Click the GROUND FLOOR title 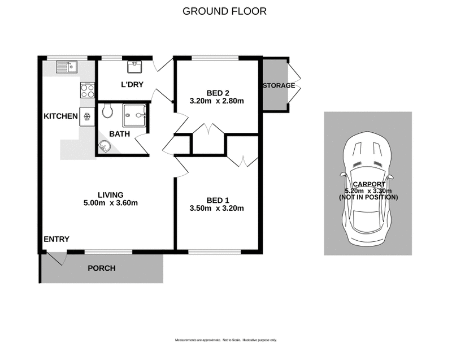[x=224, y=11]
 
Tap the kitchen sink [x=67, y=67]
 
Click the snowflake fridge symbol [x=88, y=117]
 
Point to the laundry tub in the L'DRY [x=134, y=68]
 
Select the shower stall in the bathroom [x=134, y=117]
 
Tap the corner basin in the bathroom [x=104, y=147]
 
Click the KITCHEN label [x=60, y=116]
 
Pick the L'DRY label [x=132, y=85]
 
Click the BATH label [x=119, y=134]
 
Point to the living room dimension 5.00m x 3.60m [x=110, y=203]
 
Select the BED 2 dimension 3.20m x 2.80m [x=217, y=102]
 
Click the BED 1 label [x=217, y=200]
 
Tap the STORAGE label [x=278, y=86]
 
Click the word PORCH [x=101, y=268]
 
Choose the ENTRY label [x=56, y=240]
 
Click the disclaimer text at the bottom [x=225, y=340]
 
